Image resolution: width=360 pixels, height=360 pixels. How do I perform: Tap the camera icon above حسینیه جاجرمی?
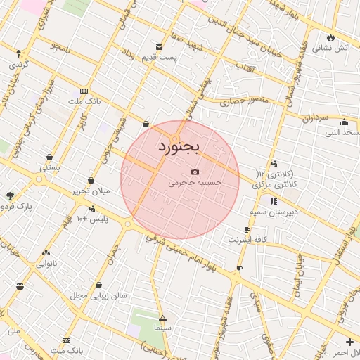pos(195,172)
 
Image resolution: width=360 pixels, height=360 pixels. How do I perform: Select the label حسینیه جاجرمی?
pos(195,182)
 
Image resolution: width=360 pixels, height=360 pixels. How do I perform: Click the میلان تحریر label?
pos(91,191)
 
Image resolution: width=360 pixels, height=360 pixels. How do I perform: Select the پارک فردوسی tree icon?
pos(9,195)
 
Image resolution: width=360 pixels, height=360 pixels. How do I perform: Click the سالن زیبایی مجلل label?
pos(98,295)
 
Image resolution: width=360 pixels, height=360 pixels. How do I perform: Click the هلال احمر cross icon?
pos(350,342)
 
